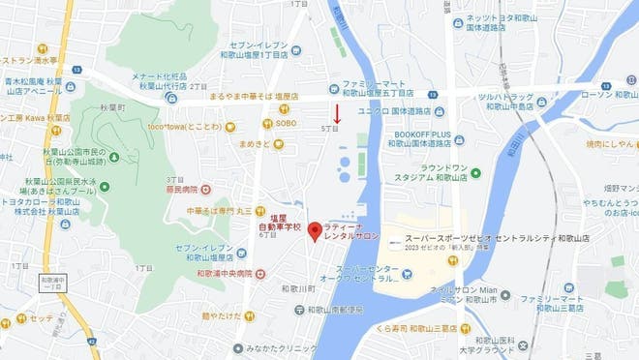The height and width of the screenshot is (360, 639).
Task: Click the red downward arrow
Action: click(x=337, y=112)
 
